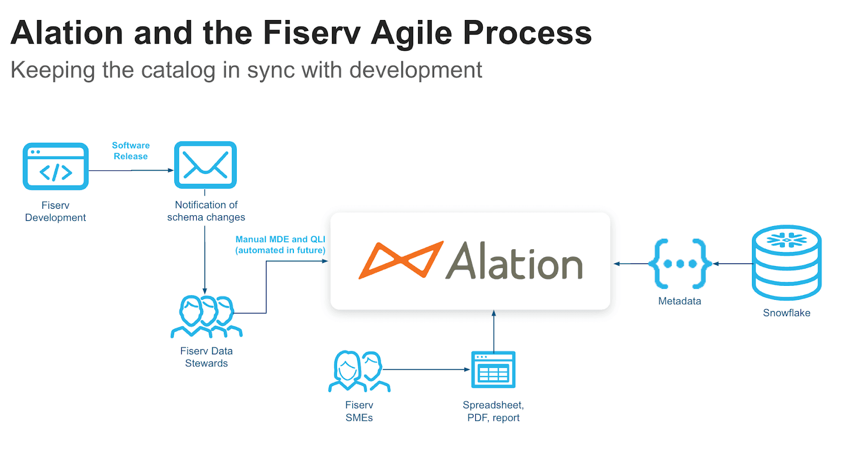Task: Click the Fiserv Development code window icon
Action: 56,166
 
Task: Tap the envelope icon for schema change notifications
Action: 206,165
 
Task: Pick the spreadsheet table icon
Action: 494,370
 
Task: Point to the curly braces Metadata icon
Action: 680,264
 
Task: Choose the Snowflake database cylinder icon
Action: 786,263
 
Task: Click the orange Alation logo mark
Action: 401,261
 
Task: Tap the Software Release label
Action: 131,151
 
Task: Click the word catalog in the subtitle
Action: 178,70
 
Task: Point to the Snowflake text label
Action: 786,313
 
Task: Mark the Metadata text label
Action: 680,301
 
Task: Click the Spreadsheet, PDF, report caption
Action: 494,411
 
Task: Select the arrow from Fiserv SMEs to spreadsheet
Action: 426,370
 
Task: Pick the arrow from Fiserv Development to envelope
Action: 131,170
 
